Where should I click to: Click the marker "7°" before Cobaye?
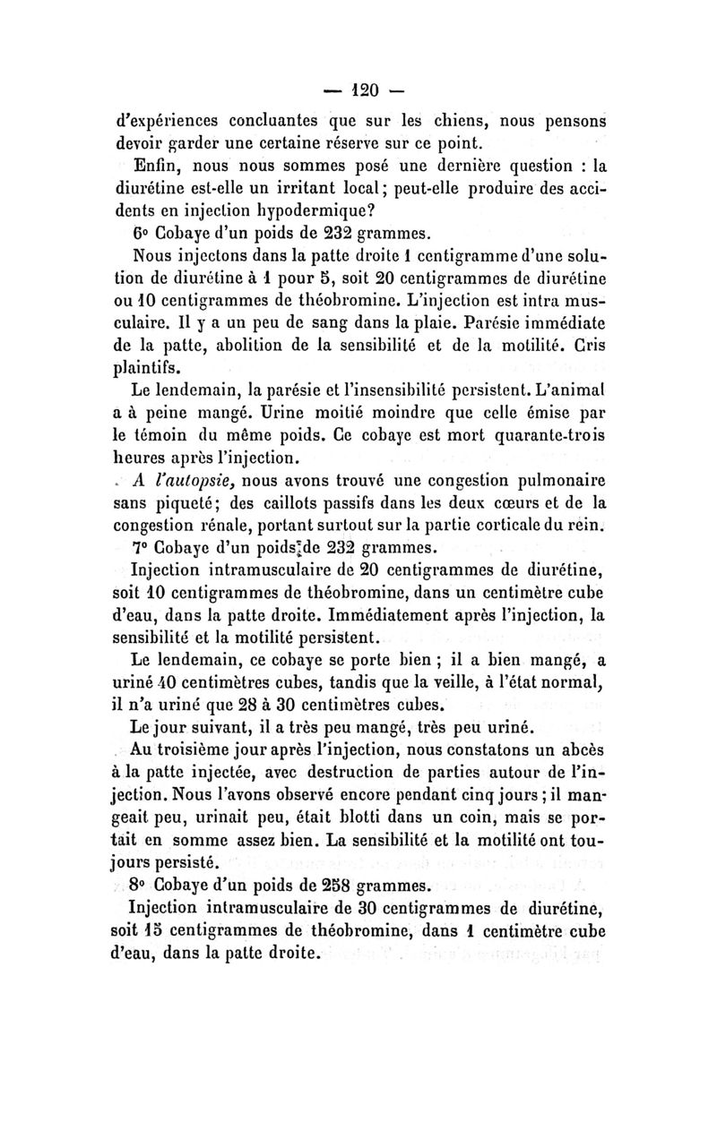point(142,546)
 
